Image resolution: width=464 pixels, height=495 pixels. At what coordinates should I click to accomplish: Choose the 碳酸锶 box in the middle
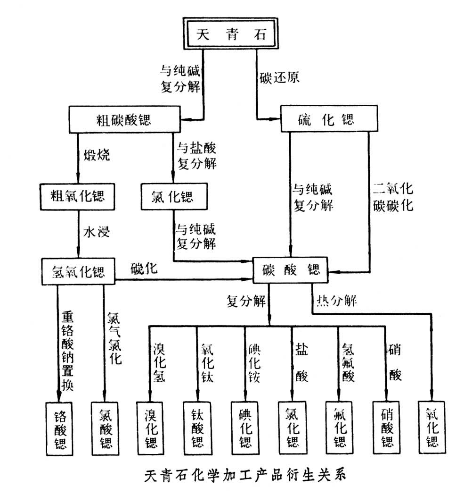pyautogui.click(x=291, y=270)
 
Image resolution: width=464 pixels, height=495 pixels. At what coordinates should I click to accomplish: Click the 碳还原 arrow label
pyautogui.click(x=279, y=77)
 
